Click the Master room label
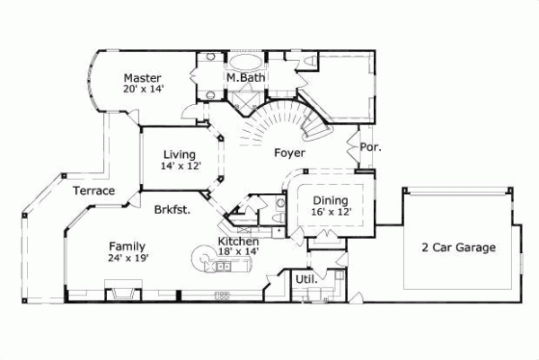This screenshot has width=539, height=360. click(x=142, y=77)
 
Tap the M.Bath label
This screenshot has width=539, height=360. click(x=243, y=78)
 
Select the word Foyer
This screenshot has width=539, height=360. click(x=289, y=153)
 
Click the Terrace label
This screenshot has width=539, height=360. click(x=94, y=191)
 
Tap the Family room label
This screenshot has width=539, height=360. click(x=128, y=246)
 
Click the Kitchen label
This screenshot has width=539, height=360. click(x=239, y=242)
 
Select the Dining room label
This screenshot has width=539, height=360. click(x=331, y=200)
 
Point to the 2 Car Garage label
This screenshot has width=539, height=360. click(x=459, y=247)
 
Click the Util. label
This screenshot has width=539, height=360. click(x=305, y=279)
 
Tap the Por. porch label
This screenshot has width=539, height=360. click(x=368, y=146)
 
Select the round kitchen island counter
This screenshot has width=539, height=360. click(x=200, y=261)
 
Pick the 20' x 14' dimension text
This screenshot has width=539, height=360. click(x=143, y=89)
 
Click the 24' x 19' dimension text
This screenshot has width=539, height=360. click(x=128, y=258)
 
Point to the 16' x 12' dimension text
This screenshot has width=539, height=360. click(x=331, y=212)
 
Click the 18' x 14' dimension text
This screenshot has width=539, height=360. click(x=239, y=252)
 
